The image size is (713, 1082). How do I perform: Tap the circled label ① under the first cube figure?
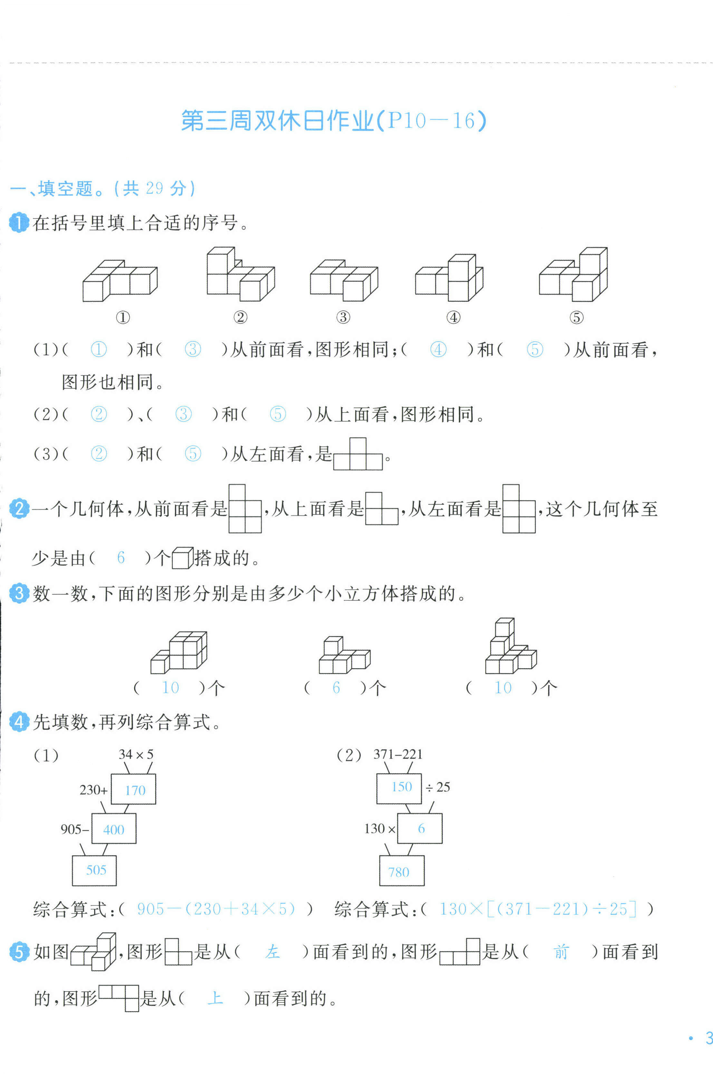[123, 317]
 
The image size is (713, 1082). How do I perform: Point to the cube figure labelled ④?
[449, 278]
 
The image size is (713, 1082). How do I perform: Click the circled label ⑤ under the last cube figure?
[576, 317]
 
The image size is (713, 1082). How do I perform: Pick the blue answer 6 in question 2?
[120, 557]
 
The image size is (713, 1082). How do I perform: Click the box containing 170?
[134, 790]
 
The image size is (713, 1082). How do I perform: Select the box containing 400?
[114, 829]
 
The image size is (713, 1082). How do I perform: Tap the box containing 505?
[95, 870]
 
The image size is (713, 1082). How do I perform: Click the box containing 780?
[402, 871]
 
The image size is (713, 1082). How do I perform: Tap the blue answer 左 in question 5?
[272, 952]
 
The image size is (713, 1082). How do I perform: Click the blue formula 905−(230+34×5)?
[216, 909]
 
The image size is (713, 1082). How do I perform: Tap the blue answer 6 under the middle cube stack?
[336, 688]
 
